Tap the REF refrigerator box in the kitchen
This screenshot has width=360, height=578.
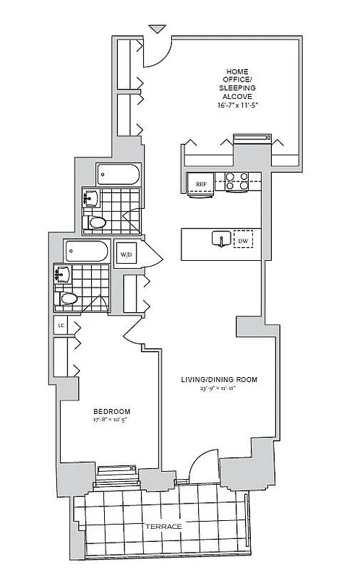tap(202, 184)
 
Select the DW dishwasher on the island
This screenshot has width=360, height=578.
tap(243, 240)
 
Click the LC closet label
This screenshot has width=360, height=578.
tap(61, 325)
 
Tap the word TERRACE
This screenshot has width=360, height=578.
tap(163, 526)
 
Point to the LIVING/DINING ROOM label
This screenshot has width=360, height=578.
tap(220, 379)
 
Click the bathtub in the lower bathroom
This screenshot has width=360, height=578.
tap(87, 251)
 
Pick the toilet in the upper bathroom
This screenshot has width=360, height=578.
tap(95, 223)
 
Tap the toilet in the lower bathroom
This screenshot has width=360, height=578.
tap(67, 298)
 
